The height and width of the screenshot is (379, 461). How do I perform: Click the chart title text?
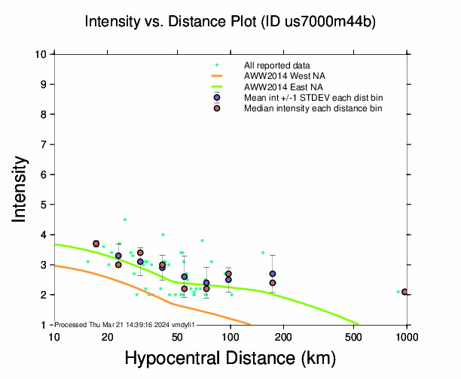(x=230, y=22)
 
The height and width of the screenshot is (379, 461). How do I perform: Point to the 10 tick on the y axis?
(x=42, y=54)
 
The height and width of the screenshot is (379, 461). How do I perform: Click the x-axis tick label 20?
(x=107, y=336)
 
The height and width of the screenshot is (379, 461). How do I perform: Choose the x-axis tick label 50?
(x=177, y=336)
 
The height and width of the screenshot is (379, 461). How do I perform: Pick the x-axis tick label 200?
(x=283, y=336)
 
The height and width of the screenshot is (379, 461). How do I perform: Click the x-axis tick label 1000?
(x=407, y=336)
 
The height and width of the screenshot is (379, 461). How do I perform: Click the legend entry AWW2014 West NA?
(x=283, y=76)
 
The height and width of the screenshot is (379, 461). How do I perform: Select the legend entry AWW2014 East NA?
(x=282, y=86)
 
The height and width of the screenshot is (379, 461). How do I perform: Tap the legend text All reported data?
(x=280, y=65)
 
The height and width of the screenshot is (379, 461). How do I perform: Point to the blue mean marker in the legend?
(x=217, y=98)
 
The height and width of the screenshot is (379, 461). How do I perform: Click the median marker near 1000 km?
(x=405, y=292)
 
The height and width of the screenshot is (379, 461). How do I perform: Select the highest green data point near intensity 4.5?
(x=125, y=220)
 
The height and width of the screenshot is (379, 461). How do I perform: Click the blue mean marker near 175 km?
(x=273, y=274)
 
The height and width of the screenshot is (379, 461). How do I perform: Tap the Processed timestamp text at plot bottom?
(x=125, y=323)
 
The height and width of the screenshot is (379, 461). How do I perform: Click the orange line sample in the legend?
(x=217, y=76)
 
